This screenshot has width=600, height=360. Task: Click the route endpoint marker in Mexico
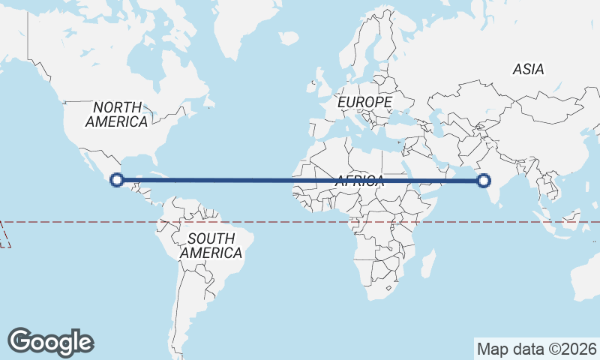(116, 179)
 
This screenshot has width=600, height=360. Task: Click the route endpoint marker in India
(484, 180)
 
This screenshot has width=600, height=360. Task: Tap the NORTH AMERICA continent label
(116, 114)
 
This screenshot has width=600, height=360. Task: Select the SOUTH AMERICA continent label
(211, 246)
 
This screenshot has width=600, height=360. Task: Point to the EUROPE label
(364, 101)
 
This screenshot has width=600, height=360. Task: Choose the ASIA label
(528, 69)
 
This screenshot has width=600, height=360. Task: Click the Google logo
(50, 342)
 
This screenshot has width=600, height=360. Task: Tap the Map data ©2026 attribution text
(536, 349)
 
